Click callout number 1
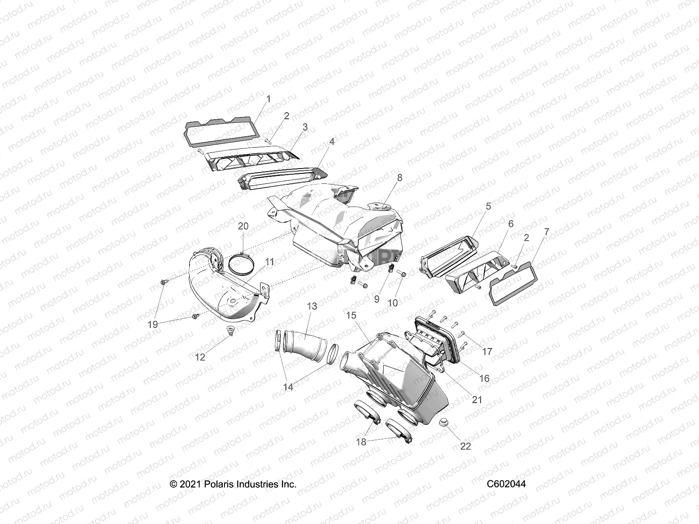tap(269, 100)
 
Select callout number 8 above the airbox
tap(400, 178)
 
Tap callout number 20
tap(243, 226)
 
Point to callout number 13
tap(312, 307)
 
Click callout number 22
tap(466, 447)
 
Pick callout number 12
tap(200, 357)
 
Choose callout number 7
tap(546, 232)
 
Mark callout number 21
tap(477, 399)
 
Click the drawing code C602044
tap(506, 484)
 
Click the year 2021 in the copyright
tap(188, 484)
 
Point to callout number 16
tap(484, 379)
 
